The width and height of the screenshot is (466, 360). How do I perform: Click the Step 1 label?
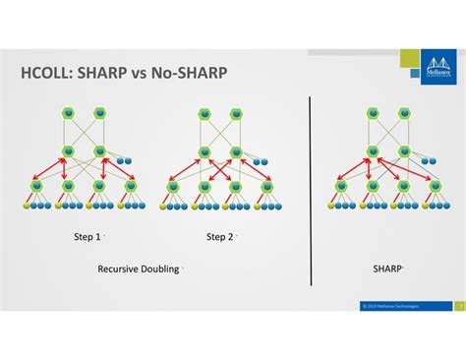pyautogui.click(x=87, y=237)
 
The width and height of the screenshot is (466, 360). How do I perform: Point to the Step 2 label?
pyautogui.click(x=220, y=237)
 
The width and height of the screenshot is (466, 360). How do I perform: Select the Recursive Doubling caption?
pyautogui.click(x=139, y=268)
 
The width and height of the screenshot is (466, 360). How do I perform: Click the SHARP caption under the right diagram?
pyautogui.click(x=385, y=268)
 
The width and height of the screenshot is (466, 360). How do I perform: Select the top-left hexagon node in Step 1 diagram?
pyautogui.click(x=70, y=114)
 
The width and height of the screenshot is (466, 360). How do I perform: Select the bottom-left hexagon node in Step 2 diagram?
pyautogui.click(x=172, y=185)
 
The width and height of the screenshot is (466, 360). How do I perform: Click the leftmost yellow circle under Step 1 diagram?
pyautogui.click(x=28, y=207)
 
